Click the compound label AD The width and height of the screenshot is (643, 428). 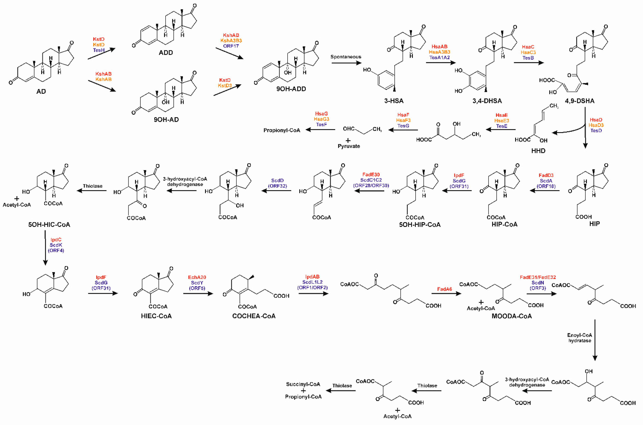41,92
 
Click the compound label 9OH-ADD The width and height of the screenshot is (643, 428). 291,89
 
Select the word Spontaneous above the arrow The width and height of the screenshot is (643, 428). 346,57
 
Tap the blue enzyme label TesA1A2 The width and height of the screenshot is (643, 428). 439,58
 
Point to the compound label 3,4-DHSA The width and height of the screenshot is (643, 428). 487,101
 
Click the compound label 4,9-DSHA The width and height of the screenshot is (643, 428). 579,101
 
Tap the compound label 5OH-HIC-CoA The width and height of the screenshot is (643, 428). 49,224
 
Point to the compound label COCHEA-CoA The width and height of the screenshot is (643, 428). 254,316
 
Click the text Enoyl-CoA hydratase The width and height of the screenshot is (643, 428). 579,338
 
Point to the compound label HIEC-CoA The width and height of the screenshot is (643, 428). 156,316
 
